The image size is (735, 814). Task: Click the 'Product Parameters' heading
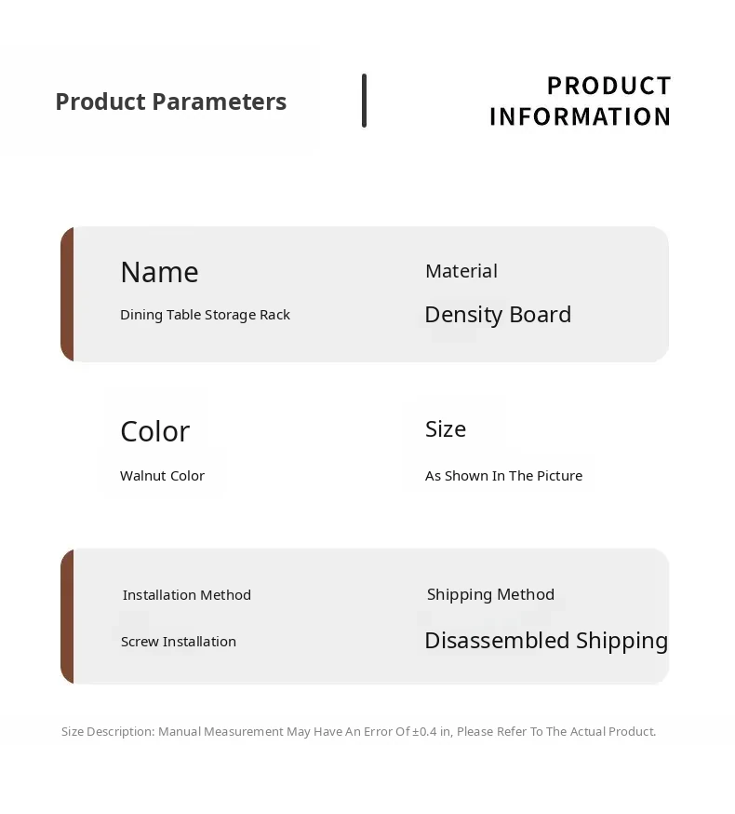click(170, 102)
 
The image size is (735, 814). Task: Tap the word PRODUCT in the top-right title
click(609, 86)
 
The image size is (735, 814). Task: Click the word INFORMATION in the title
click(580, 116)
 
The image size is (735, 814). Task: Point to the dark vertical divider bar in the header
click(364, 101)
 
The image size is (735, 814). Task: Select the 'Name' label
click(159, 272)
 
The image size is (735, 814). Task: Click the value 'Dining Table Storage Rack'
click(205, 315)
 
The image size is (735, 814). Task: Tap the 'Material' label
click(461, 271)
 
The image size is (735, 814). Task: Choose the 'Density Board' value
click(498, 315)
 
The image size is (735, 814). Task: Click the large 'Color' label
click(155, 431)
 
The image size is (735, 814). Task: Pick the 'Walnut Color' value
click(163, 476)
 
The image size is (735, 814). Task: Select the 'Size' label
click(446, 428)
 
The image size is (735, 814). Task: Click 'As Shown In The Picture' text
click(503, 476)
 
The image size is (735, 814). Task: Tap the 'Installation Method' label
click(187, 595)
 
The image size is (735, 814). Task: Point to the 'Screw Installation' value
click(179, 642)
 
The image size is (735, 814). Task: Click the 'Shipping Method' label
click(490, 594)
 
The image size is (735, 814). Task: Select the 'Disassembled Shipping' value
click(546, 641)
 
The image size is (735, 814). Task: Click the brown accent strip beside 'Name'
click(67, 293)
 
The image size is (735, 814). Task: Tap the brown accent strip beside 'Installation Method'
click(67, 617)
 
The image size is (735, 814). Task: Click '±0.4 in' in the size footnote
click(432, 731)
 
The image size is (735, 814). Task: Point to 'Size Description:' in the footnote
click(108, 731)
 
